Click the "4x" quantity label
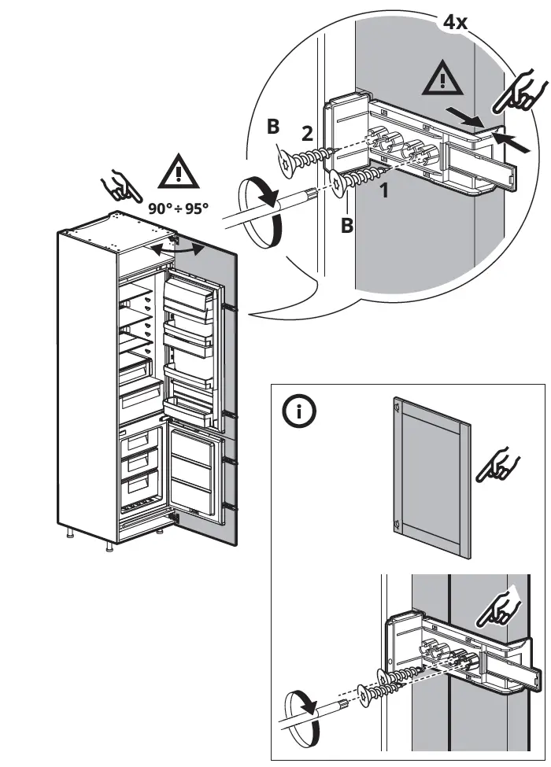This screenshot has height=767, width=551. click(x=455, y=22)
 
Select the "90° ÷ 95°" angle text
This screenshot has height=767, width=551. click(x=179, y=209)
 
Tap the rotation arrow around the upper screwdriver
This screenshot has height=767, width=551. click(x=262, y=211)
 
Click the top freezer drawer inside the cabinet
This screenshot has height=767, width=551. click(x=143, y=444)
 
